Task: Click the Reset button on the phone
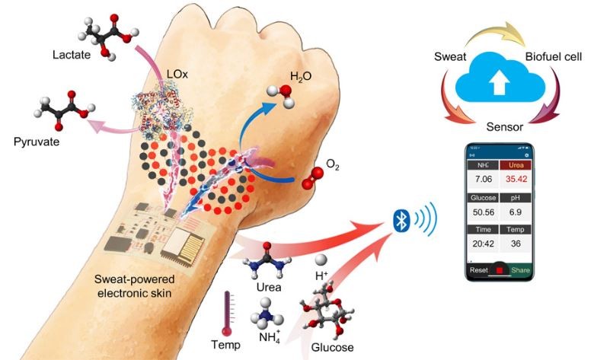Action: pos(479,270)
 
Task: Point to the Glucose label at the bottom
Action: pos(333,347)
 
